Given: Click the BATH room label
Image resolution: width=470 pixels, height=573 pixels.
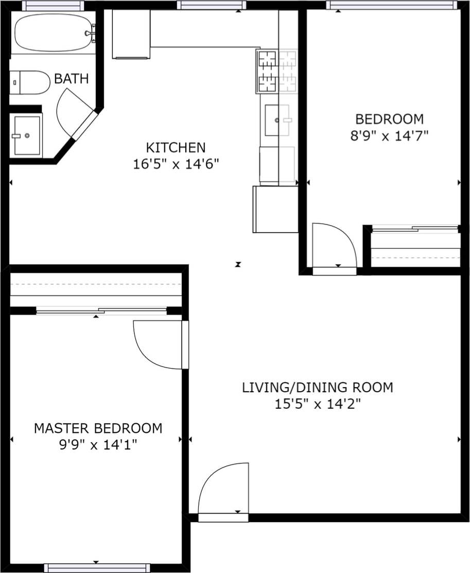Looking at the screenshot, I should [x=72, y=79].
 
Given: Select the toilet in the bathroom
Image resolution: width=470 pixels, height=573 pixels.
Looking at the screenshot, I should [x=30, y=82].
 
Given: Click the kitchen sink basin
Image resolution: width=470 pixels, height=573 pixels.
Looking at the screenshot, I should [x=277, y=120].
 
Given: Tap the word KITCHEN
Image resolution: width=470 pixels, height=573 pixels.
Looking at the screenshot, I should [x=176, y=148].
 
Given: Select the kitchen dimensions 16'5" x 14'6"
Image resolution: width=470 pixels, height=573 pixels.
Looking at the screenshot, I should [x=176, y=164].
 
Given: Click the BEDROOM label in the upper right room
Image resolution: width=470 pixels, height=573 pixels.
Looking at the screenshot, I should [x=390, y=119].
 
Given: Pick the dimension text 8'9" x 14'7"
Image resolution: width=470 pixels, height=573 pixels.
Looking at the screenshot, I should [x=390, y=136].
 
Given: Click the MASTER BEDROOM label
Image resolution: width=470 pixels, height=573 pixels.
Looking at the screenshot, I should [x=98, y=428].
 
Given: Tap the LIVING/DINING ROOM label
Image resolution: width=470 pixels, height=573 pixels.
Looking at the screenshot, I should [x=317, y=387].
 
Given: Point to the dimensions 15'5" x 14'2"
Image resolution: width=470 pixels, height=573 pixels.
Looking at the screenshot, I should [x=317, y=404].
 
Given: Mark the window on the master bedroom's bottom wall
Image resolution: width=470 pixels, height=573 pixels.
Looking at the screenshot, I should [x=97, y=568].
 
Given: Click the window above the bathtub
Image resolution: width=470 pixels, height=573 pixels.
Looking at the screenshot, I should [x=53, y=6].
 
